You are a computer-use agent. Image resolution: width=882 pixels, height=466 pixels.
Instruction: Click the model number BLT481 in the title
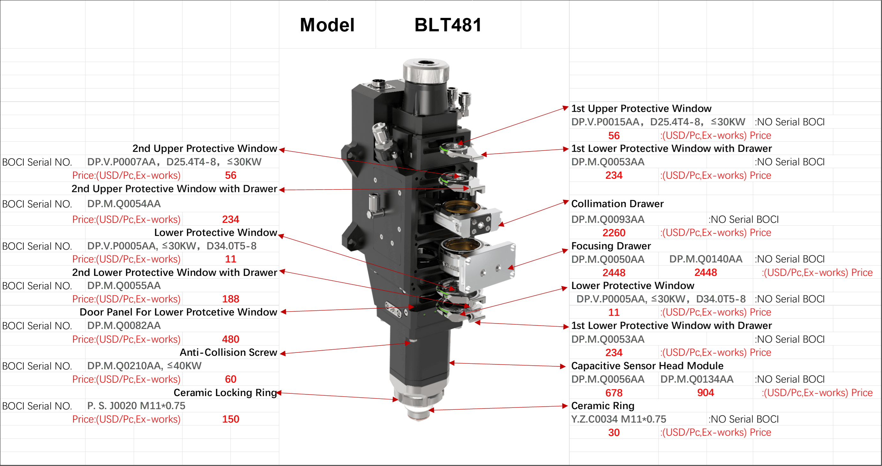(448, 25)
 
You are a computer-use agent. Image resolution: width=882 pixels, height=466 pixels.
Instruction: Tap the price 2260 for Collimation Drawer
(614, 233)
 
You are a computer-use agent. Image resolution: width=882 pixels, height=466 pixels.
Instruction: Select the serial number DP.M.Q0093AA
(608, 219)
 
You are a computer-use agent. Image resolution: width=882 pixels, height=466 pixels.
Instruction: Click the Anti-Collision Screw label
(228, 352)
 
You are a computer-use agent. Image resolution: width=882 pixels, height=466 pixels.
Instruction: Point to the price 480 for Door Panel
(230, 339)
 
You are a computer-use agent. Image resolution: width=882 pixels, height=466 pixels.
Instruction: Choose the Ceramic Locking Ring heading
(225, 392)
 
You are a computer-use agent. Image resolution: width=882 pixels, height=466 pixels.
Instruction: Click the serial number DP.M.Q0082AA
(124, 325)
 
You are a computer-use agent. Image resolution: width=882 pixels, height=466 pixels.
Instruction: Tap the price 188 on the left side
(230, 299)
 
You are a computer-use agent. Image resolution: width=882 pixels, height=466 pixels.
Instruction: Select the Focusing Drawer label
(611, 246)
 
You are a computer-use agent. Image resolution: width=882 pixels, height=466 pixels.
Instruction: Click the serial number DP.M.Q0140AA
(706, 259)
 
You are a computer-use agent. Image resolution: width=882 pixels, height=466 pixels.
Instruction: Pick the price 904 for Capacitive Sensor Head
(705, 392)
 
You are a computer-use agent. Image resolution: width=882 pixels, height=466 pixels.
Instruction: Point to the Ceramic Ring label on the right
(602, 406)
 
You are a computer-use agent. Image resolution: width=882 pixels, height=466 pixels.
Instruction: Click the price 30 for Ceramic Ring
(614, 432)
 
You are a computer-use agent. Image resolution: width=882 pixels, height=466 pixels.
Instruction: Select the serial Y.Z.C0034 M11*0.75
(618, 419)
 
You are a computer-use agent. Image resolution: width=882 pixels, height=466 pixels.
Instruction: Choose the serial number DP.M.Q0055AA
(124, 286)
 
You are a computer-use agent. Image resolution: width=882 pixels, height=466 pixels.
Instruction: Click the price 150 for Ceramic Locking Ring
(230, 419)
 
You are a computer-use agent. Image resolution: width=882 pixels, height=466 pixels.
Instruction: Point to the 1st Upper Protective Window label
(641, 108)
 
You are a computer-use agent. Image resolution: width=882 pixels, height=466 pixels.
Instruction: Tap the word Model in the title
(327, 25)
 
